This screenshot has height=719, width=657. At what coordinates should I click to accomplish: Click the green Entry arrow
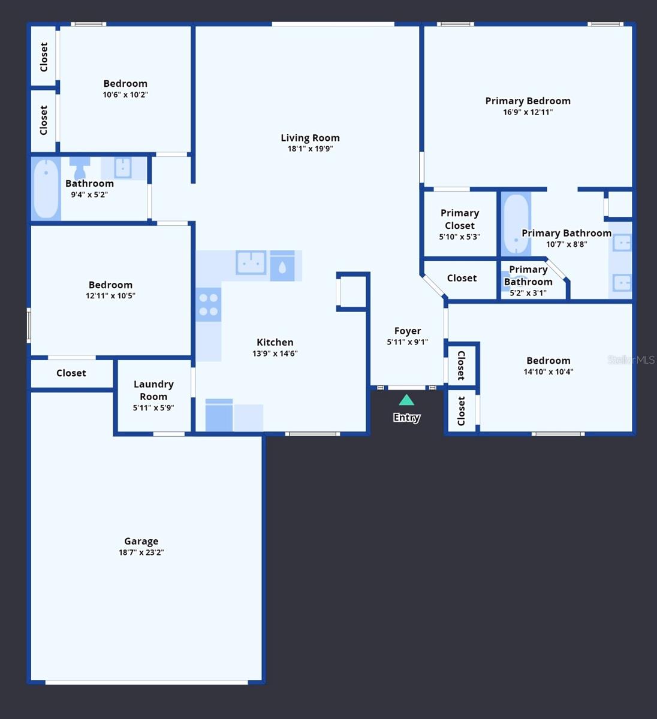point(406,400)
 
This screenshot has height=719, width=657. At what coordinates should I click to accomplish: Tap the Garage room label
point(141,541)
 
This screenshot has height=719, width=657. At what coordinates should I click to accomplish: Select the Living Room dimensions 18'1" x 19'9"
point(310,149)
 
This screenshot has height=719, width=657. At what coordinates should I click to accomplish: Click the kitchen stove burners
point(209,304)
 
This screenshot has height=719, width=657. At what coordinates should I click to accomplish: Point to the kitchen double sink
point(251,262)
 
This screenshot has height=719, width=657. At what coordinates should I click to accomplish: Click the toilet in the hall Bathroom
point(80,168)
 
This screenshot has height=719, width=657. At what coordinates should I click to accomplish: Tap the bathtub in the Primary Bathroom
point(516,224)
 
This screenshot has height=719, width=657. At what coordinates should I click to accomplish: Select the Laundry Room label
point(153,390)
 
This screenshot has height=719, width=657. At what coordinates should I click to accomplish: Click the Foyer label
point(408,331)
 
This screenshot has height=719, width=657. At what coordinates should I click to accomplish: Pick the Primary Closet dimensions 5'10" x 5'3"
point(459,237)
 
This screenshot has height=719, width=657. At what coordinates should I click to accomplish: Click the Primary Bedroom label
point(528,101)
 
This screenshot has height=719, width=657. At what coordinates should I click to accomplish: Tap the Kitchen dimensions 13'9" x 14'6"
point(275,354)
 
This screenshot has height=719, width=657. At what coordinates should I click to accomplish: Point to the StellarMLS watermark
point(631,360)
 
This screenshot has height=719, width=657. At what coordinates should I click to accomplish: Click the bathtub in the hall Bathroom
point(46,189)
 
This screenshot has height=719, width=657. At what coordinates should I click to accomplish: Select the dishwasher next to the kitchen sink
point(282,265)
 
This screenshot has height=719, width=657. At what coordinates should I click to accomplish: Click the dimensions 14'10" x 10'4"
point(548,372)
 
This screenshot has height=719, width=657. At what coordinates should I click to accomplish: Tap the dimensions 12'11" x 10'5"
point(110,296)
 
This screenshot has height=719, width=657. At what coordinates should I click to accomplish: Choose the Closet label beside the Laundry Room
point(71,373)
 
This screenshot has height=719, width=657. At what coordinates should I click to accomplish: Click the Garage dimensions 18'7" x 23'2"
point(141,552)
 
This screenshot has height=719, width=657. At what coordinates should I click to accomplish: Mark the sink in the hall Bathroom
point(123,168)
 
